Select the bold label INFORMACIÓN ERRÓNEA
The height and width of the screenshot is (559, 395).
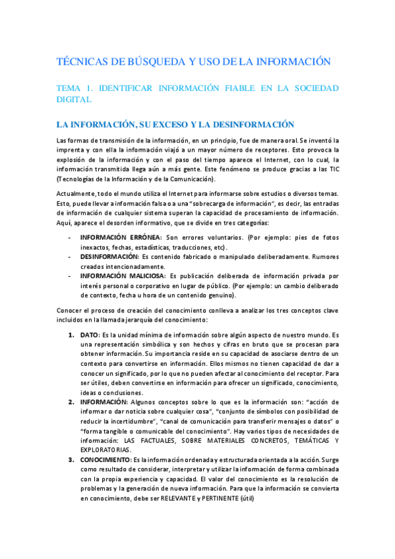click(121, 237)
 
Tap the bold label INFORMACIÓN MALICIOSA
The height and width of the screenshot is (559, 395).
click(123, 275)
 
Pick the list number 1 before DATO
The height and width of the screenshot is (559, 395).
click(71, 336)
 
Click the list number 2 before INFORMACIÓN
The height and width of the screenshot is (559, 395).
click(71, 401)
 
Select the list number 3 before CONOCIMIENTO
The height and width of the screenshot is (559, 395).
click(71, 459)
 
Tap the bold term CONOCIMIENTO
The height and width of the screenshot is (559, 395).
click(105, 459)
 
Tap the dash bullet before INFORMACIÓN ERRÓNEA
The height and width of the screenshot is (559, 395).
click(71, 237)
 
